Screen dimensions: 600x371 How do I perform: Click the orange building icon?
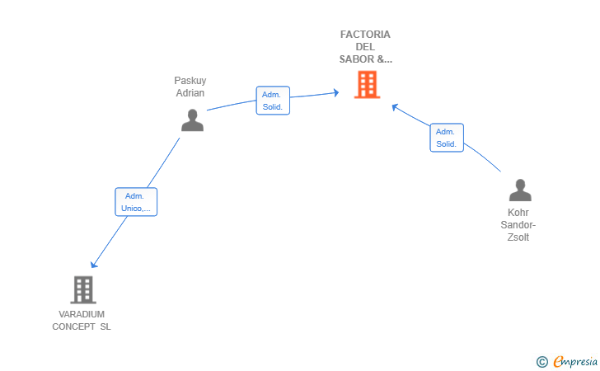click(367, 85)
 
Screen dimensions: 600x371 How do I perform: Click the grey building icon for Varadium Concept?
click(83, 290)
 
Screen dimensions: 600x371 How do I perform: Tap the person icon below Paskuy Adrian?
click(193, 120)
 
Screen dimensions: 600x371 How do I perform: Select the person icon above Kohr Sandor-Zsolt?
click(520, 190)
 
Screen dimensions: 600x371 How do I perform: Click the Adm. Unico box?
click(136, 202)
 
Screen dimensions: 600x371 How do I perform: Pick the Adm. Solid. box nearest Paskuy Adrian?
click(273, 101)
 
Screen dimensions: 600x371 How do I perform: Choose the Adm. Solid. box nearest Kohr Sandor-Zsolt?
click(447, 138)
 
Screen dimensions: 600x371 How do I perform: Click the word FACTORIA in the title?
click(365, 35)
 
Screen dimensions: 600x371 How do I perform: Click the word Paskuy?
click(190, 81)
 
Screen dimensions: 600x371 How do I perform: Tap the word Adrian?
click(190, 93)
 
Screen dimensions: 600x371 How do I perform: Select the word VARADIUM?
click(82, 314)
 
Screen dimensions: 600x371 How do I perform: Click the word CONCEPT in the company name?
click(74, 326)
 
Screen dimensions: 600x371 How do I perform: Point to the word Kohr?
click(518, 213)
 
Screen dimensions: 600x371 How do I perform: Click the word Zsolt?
click(518, 237)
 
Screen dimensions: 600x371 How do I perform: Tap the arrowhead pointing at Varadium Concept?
click(94, 265)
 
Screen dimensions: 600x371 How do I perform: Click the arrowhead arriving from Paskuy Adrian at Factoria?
click(336, 92)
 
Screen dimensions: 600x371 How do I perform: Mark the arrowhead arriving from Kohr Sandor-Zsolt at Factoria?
click(396, 107)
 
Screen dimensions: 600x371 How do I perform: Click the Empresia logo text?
click(575, 361)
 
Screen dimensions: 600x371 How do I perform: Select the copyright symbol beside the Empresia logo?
click(541, 362)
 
